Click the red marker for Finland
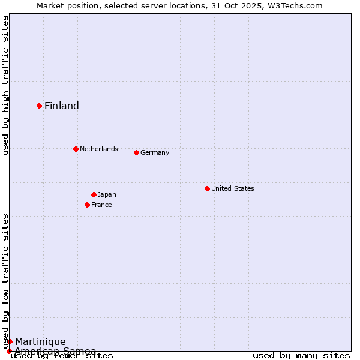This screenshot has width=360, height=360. click(x=40, y=106)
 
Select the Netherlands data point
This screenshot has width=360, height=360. click(x=76, y=149)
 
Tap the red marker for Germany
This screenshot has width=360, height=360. click(x=136, y=152)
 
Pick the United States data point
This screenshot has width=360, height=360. click(x=207, y=188)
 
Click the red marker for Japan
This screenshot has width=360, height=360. click(x=94, y=194)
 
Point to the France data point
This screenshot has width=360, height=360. click(x=87, y=205)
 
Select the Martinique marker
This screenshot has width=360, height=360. click(x=10, y=341)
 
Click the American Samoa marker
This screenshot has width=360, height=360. click(x=9, y=351)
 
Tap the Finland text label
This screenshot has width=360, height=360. click(x=62, y=106)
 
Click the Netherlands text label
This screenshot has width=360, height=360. click(x=99, y=149)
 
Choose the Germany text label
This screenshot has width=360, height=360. click(x=155, y=152)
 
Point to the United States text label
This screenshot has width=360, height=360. click(x=233, y=188)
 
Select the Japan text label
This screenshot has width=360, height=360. click(x=107, y=194)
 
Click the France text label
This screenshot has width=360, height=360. click(x=101, y=205)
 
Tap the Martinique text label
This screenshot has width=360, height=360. click(x=40, y=342)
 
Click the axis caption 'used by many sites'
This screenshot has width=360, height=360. click(x=301, y=356)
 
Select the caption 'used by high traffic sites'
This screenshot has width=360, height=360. click(x=5, y=85)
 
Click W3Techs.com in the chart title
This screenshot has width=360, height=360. click(x=294, y=5)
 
